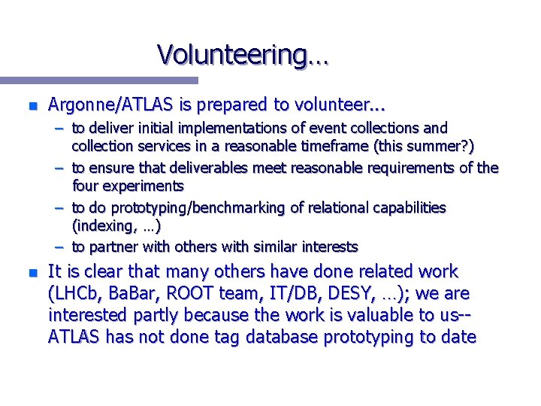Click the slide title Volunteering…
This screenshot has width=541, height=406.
tap(243, 55)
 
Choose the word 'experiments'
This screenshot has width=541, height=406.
tap(145, 186)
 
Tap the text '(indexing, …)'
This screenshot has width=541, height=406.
tap(116, 226)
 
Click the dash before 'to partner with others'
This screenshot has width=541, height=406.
tap(59, 247)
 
